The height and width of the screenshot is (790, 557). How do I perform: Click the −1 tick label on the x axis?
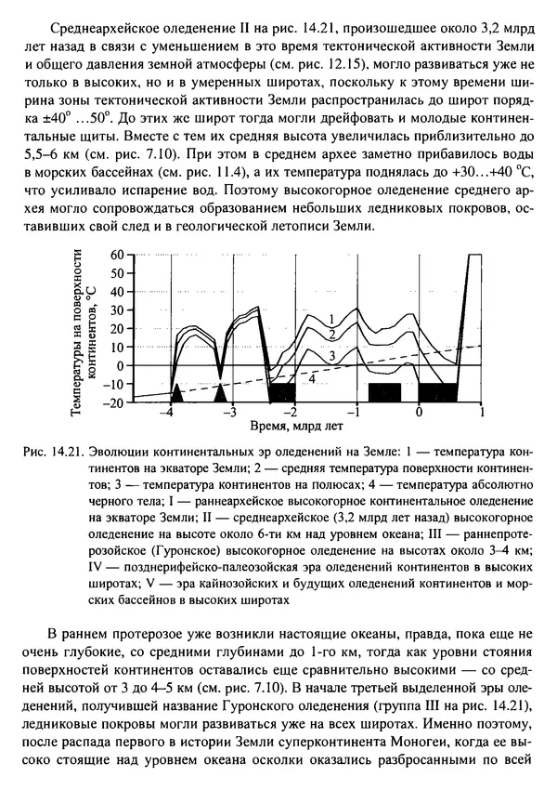(353, 412)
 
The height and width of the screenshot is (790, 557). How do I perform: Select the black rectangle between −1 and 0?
(384, 391)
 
